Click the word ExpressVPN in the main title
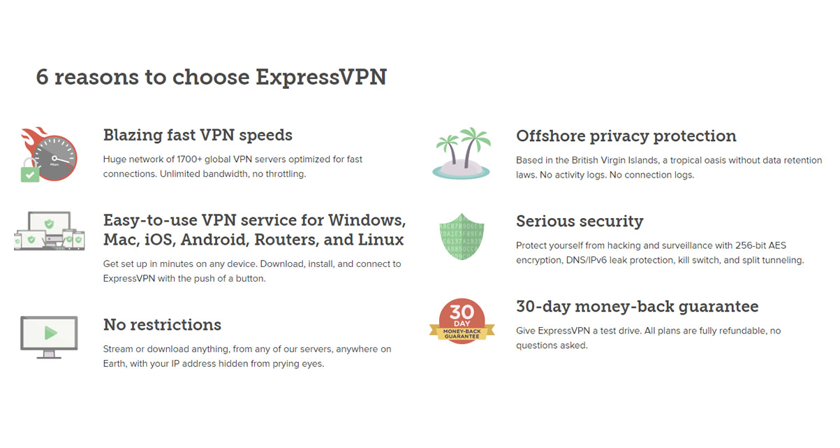pos(321,78)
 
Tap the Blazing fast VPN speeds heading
pos(198,136)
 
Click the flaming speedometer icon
pos(49,154)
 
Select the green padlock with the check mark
pos(29,171)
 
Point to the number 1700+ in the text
pos(189,159)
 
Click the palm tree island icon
pos(462,154)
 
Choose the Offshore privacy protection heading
pos(626,136)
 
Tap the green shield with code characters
pos(462,237)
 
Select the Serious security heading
pos(580,222)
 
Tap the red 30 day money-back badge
pos(462,321)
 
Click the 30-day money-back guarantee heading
pos(637,307)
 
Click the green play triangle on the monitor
pos(50,333)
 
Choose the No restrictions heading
pos(163,325)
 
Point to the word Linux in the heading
pos(381,240)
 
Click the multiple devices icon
pos(49,231)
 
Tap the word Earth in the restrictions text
pos(114,364)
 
